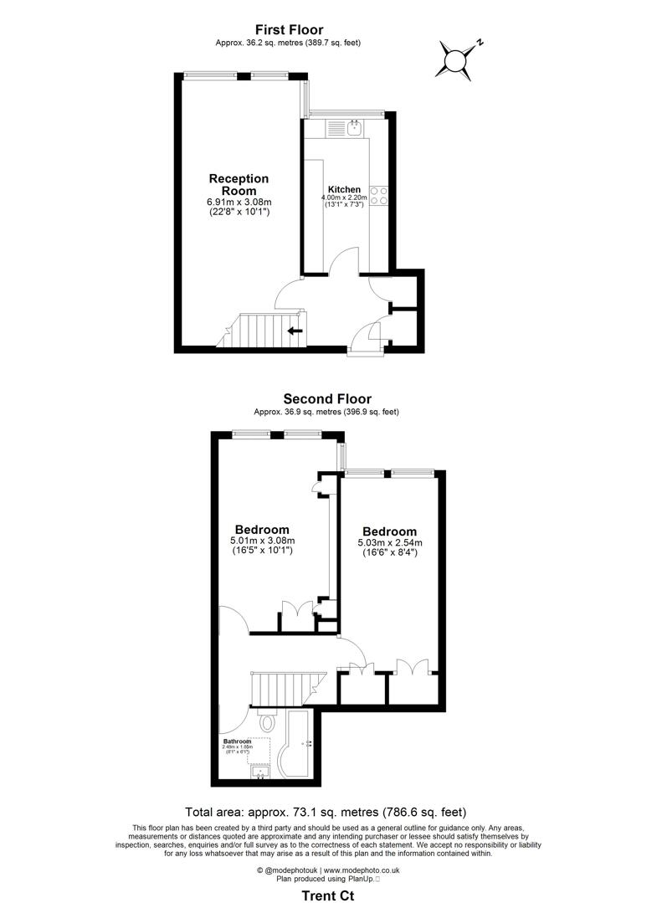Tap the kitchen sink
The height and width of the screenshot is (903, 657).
[354, 128]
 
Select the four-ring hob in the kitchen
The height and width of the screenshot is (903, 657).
[379, 195]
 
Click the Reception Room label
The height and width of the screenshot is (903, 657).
[239, 184]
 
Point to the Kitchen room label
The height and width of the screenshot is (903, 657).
[344, 189]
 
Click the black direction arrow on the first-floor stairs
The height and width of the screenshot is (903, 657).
[294, 331]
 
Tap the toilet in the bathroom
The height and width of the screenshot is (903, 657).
[269, 722]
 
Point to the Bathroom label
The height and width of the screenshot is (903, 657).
[237, 741]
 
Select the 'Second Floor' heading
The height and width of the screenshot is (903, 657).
[327, 399]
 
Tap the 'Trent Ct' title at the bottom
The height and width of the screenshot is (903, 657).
[327, 895]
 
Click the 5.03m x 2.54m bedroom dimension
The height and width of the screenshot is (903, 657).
[389, 543]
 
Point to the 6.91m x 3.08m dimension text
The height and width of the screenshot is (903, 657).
[239, 202]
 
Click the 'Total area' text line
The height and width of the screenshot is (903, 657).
[326, 812]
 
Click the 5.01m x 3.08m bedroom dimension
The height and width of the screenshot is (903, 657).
[262, 541]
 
